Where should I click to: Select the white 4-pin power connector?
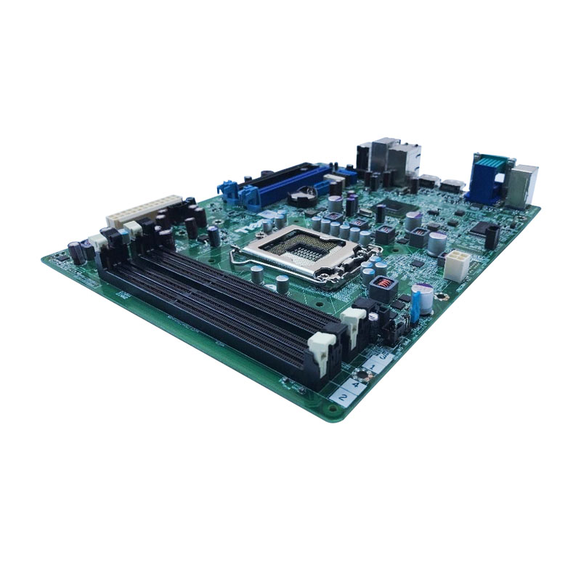[x=458, y=266]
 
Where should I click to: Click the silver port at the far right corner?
[x=523, y=184]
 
